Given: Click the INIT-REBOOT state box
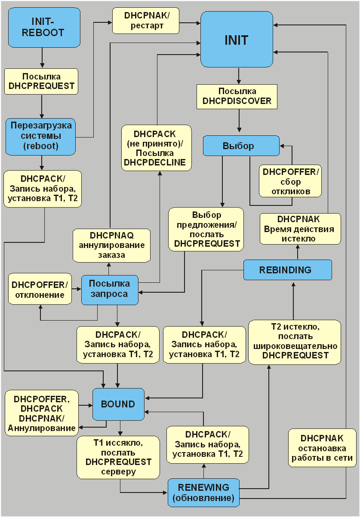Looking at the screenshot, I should (44, 27).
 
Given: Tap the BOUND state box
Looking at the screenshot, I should (118, 404).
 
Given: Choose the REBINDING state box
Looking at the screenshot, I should (287, 270).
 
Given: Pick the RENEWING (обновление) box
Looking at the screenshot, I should (203, 493).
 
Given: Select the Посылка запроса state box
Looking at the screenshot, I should (110, 289).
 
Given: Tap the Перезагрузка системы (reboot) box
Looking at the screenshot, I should (41, 136).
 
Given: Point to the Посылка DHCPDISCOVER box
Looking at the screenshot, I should (237, 96).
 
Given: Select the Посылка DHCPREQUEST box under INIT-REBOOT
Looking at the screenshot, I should (41, 81).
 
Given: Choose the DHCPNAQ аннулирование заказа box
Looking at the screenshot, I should (111, 245).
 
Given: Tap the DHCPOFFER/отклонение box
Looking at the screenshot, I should (40, 289).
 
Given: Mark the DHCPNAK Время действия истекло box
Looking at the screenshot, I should (300, 229).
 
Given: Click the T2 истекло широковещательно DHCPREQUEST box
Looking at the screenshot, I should (294, 342).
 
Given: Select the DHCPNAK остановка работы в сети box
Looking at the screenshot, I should (321, 448).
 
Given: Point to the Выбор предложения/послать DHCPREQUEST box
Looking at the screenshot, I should (206, 229).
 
